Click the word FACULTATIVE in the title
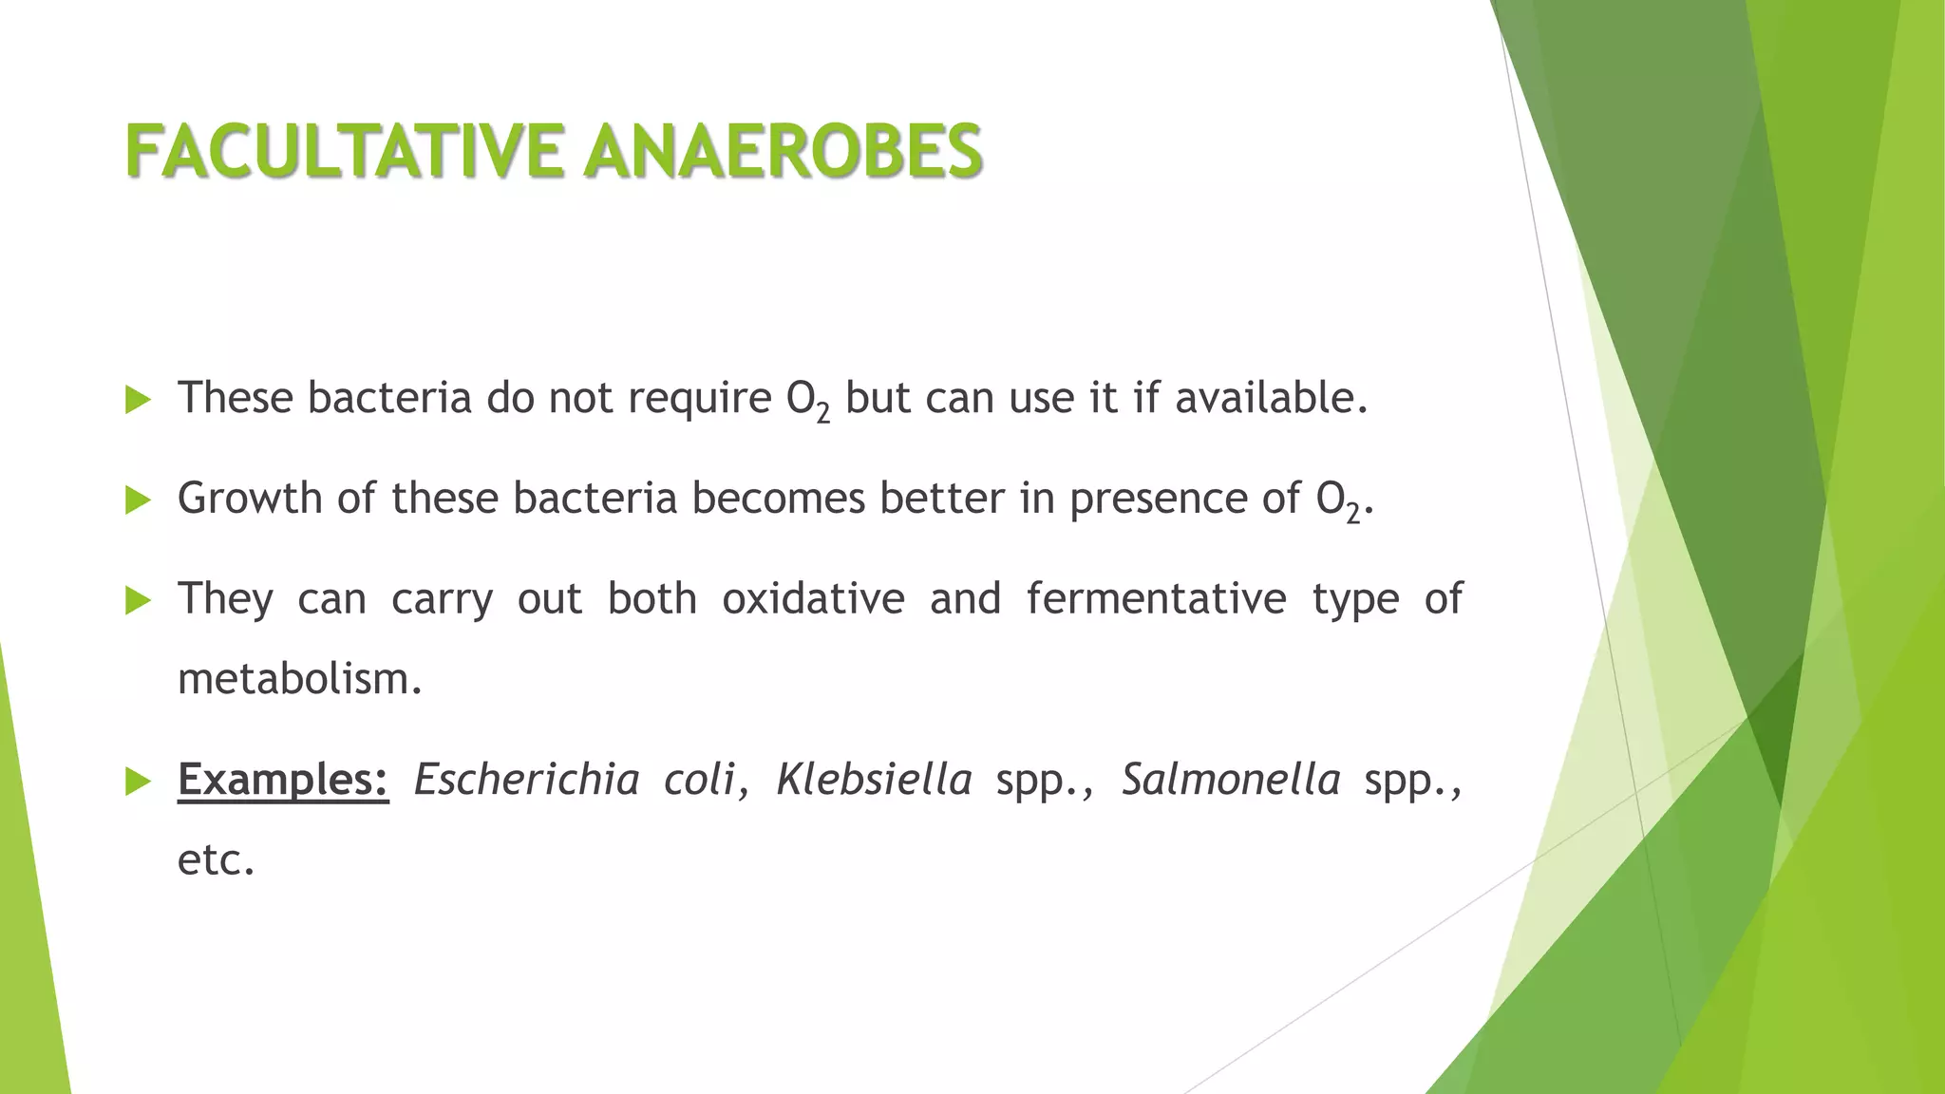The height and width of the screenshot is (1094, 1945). tap(344, 152)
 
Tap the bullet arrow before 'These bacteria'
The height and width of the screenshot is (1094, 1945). tap(138, 400)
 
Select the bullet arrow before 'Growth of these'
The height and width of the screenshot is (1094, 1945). tap(138, 500)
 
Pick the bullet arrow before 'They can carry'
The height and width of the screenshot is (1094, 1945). tap(138, 600)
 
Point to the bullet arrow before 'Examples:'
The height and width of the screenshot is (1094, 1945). tap(138, 783)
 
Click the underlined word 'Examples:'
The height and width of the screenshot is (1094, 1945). tap(283, 781)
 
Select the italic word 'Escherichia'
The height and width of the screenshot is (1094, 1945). tap(526, 781)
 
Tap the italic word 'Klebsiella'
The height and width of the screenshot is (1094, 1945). tap(874, 781)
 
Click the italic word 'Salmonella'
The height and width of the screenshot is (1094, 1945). tap(1231, 781)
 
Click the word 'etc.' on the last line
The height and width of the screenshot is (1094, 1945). tap(217, 860)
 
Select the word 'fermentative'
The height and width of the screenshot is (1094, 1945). tap(1156, 599)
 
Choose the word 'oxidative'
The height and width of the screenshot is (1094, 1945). tap(813, 599)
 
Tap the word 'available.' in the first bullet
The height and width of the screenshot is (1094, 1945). tap(1272, 398)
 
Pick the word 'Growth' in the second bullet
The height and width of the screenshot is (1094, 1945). tap(250, 499)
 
